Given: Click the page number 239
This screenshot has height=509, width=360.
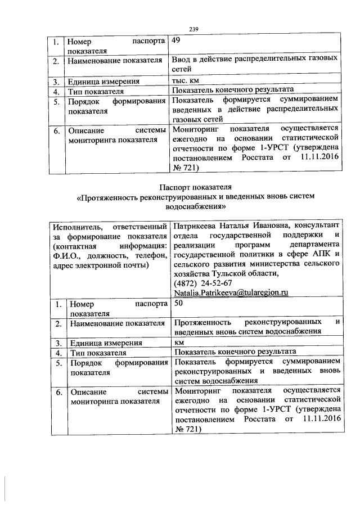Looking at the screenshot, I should pyautogui.click(x=195, y=29).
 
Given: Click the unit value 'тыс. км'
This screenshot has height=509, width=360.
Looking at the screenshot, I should pyautogui.click(x=187, y=80).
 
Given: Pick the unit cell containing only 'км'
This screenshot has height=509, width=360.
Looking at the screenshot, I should pyautogui.click(x=179, y=342).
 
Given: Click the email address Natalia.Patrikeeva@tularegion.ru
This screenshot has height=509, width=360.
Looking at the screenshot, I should pyautogui.click(x=231, y=293).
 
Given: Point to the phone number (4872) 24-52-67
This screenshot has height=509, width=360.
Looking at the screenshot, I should pyautogui.click(x=203, y=283).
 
